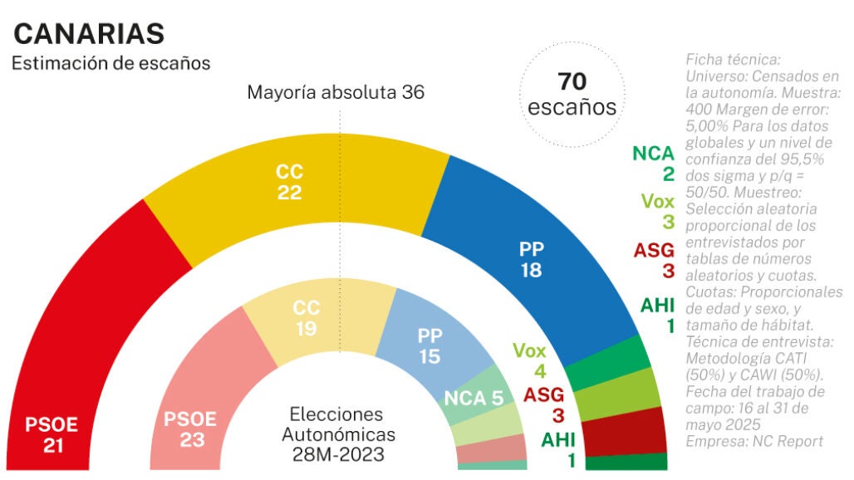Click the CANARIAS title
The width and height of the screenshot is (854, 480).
[x=89, y=34]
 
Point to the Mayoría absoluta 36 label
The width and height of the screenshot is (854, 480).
[x=336, y=92]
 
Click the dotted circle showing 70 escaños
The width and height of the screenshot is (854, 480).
[x=572, y=94]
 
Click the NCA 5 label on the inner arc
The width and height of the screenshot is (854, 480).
[x=473, y=398]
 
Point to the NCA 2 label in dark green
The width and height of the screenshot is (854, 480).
[x=652, y=163]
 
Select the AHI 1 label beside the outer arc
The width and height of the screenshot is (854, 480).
[x=657, y=315]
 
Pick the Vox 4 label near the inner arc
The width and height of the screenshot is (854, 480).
[x=530, y=360]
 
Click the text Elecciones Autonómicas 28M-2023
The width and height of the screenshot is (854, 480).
[x=336, y=433]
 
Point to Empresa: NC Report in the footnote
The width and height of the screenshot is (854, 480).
[x=754, y=441]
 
